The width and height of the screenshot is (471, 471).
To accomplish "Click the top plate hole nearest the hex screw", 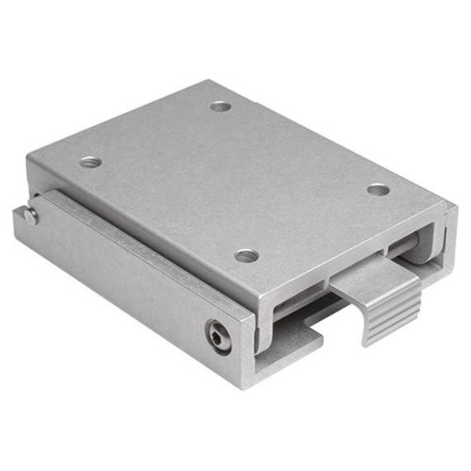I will (246, 256).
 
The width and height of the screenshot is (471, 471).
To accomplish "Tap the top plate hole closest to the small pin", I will (91, 162).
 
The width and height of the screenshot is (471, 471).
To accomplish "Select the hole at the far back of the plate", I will (220, 106).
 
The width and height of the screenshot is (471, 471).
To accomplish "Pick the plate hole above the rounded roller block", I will (378, 189).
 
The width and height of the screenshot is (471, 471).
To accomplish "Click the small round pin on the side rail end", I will (31, 216).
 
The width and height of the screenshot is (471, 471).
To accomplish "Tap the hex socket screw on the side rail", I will (218, 336).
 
